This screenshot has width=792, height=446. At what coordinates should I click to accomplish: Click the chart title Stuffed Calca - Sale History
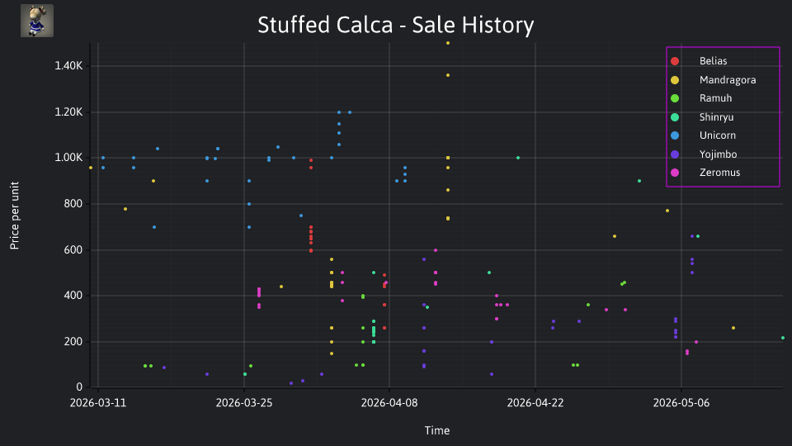pyautogui.click(x=395, y=25)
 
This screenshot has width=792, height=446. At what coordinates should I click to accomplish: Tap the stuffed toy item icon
pyautogui.click(x=37, y=21)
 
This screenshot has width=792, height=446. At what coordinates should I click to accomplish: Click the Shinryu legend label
pyautogui.click(x=716, y=116)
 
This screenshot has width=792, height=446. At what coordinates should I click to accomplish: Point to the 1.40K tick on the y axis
pyautogui.click(x=68, y=66)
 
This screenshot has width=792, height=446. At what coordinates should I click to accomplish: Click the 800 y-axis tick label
pyautogui.click(x=73, y=204)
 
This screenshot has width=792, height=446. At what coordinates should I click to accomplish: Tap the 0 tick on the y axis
pyautogui.click(x=79, y=387)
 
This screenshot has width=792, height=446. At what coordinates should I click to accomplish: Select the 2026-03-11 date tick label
pyautogui.click(x=98, y=403)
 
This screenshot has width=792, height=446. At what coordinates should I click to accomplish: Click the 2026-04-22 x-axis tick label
pyautogui.click(x=535, y=403)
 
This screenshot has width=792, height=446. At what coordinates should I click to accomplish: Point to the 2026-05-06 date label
pyautogui.click(x=681, y=403)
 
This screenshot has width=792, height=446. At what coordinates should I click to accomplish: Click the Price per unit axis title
pyautogui.click(x=15, y=216)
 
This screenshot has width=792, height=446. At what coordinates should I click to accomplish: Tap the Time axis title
pyautogui.click(x=437, y=431)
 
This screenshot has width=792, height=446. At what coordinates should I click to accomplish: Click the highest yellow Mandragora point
pyautogui.click(x=448, y=43)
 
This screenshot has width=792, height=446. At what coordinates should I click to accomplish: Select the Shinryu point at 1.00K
pyautogui.click(x=518, y=158)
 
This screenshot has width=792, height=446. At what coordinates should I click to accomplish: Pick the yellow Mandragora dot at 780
pyautogui.click(x=125, y=209)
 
